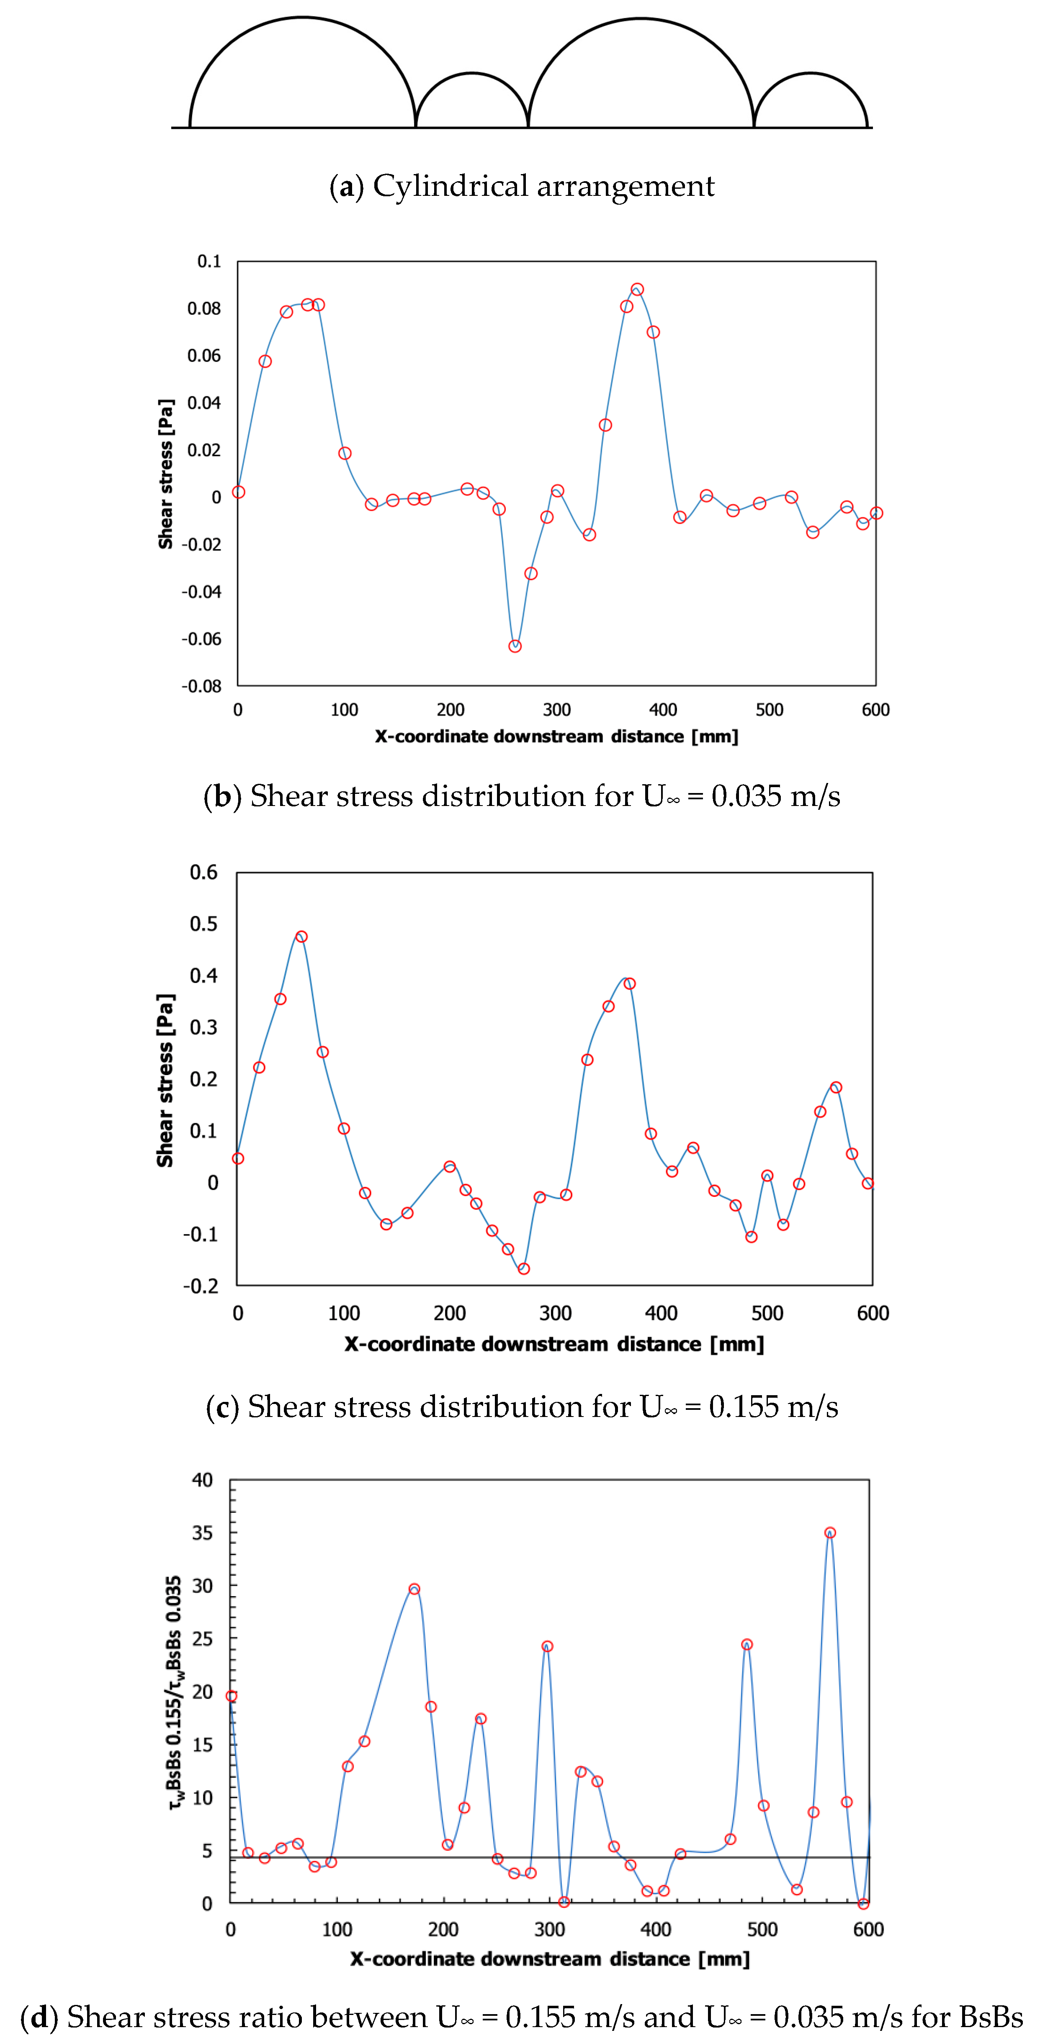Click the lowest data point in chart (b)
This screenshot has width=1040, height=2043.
click(x=515, y=647)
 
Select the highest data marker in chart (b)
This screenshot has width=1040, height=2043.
click(x=637, y=290)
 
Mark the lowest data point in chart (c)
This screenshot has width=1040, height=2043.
click(x=524, y=1269)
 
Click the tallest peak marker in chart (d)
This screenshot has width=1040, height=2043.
click(x=830, y=1533)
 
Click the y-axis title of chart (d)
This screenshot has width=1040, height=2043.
click(x=175, y=1691)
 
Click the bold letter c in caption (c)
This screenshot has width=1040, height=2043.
click(x=222, y=1407)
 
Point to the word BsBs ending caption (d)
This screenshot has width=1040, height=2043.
click(x=991, y=2017)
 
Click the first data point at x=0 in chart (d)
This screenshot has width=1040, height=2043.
click(x=231, y=1696)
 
